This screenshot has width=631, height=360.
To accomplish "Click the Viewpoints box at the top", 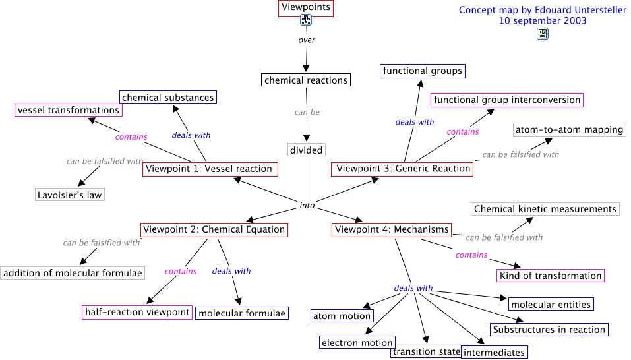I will point(305,8).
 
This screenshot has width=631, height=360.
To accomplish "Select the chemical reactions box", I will point(305,80).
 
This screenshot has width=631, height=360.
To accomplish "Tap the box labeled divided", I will point(307,150).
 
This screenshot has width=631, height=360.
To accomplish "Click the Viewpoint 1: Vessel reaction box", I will point(209,169).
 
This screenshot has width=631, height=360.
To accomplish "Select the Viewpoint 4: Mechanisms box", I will point(392,229).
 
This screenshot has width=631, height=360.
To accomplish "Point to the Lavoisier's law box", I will point(70,195).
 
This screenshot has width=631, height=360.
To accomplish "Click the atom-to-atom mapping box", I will point(568,130).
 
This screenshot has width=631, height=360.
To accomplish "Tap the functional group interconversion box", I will point(507,100).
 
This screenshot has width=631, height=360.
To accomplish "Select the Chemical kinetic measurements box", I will point(545,209).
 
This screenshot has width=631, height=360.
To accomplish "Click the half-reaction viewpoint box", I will point(137,312).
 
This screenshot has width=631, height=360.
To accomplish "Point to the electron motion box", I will point(357,342).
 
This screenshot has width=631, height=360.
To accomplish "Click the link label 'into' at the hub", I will point(307,205).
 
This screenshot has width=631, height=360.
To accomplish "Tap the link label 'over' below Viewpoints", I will point(307,40).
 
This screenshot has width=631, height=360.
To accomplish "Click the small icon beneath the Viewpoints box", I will point(306,20).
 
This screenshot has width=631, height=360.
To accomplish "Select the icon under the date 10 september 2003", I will point(542,34).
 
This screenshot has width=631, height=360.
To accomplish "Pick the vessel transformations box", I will point(68,110).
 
